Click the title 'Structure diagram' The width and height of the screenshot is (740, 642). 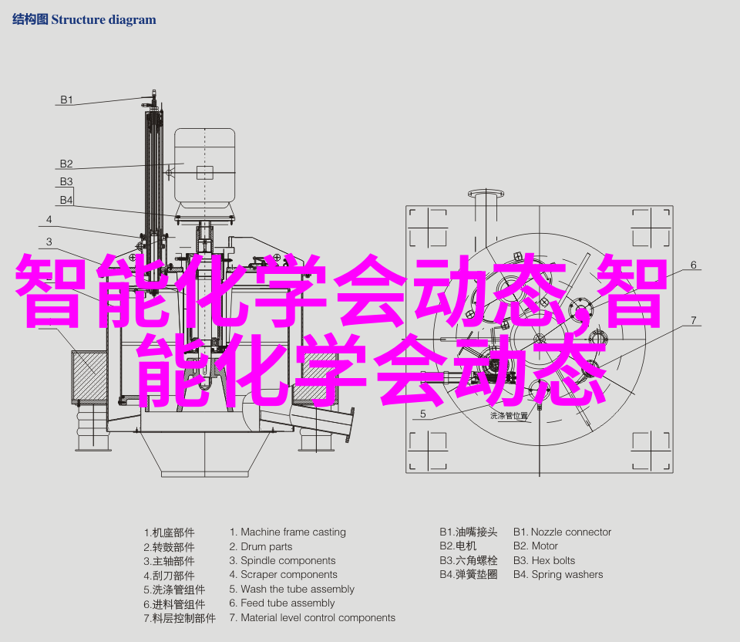coord(103,20)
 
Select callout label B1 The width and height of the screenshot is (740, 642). coord(66,100)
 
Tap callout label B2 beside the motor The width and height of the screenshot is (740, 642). coord(66,164)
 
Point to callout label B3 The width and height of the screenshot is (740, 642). coord(66,181)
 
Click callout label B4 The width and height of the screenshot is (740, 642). coord(66,200)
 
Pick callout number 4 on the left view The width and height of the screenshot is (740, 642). coord(49,219)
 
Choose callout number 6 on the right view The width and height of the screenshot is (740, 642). coord(693,265)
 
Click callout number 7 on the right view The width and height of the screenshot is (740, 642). coord(693,320)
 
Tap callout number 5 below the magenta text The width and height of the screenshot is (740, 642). coord(423,414)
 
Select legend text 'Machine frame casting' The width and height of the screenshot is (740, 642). coord(293,532)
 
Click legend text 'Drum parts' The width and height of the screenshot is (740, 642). coord(266,546)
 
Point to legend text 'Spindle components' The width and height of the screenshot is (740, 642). coord(288,561)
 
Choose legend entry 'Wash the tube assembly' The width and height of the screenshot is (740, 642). coord(298,589)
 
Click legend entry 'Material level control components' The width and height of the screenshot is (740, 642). coord(318,617)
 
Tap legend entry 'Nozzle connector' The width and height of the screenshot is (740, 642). coord(571,532)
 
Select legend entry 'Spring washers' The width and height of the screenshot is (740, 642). coord(567,574)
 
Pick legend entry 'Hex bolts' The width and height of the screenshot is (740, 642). coord(553,560)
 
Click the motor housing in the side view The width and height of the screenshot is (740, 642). coord(205,165)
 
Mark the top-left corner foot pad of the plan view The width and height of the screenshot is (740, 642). coord(428,228)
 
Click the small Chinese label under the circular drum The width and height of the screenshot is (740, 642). coord(510,416)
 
